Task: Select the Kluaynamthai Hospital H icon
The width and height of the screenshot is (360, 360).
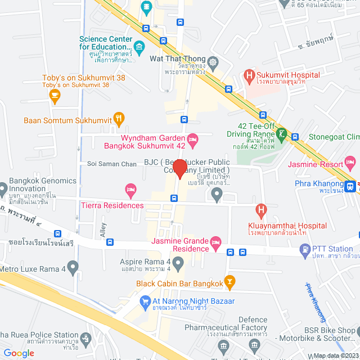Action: click(260, 211)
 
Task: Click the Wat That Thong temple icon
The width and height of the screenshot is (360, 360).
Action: click(213, 61)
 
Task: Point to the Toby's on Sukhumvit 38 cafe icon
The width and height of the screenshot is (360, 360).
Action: click(55, 97)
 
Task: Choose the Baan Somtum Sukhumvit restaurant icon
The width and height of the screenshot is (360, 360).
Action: click(119, 118)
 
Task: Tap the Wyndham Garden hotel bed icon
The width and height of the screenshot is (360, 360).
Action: click(192, 138)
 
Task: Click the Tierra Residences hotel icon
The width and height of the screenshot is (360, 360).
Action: click(131, 189)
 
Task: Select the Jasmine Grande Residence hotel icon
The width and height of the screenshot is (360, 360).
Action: click(215, 243)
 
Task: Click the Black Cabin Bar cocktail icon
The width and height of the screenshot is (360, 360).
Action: click(229, 281)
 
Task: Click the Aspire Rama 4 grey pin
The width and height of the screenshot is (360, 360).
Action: click(178, 262)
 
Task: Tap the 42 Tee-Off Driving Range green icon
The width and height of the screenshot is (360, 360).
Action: click(281, 135)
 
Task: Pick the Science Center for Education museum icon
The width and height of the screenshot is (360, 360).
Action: click(139, 46)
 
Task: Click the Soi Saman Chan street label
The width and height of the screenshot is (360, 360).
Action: click(112, 164)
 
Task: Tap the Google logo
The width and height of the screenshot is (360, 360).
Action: click(19, 353)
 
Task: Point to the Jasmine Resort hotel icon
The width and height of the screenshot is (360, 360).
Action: click(351, 165)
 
